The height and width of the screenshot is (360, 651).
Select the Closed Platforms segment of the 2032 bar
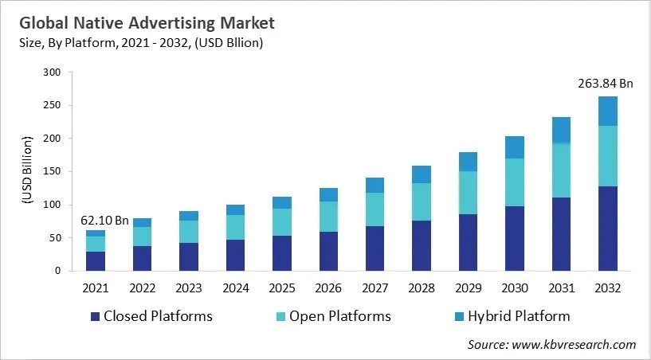point(608,229)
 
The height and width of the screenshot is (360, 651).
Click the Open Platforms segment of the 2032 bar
point(608,156)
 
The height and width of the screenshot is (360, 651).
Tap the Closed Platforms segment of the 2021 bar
point(96,261)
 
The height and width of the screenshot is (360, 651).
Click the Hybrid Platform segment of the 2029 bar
point(469,162)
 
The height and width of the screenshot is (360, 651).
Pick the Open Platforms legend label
point(340,316)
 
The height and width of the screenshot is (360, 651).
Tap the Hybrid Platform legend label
point(519,316)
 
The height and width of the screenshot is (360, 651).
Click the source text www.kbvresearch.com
point(573,344)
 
